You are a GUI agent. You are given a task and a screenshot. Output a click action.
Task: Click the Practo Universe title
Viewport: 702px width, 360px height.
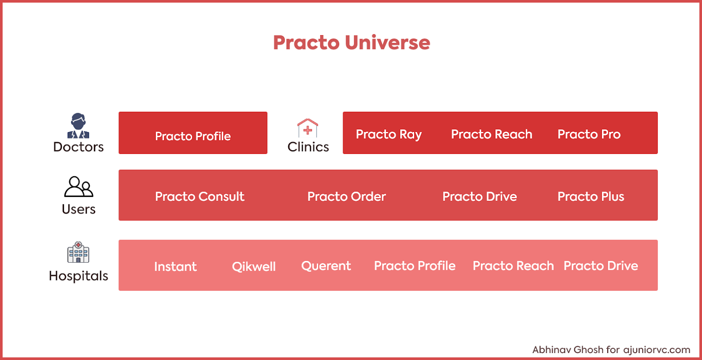(x=351, y=42)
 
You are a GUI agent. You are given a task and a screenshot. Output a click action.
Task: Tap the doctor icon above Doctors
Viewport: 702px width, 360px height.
(x=79, y=126)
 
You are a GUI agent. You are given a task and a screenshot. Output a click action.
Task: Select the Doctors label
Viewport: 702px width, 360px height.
(x=79, y=147)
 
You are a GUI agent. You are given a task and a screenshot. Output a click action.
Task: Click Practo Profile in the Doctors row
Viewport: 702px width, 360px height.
(x=193, y=136)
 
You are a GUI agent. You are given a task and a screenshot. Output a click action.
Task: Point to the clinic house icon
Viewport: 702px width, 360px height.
(x=308, y=128)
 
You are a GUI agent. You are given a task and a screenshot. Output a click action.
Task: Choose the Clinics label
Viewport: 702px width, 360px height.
(x=308, y=147)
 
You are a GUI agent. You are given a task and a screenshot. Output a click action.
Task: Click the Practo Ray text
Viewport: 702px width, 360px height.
(x=389, y=135)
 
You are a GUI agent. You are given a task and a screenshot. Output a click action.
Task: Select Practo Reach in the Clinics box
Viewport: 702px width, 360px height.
(x=491, y=135)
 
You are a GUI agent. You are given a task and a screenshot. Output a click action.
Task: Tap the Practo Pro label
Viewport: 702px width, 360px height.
(x=589, y=135)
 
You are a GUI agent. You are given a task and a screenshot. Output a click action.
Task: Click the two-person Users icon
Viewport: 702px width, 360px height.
(x=79, y=186)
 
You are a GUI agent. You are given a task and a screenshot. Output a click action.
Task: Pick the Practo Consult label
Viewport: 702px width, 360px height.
(x=200, y=196)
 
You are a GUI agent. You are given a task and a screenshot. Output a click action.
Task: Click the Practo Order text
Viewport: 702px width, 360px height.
(x=346, y=196)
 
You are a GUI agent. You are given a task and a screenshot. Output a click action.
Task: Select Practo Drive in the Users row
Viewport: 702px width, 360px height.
(x=480, y=196)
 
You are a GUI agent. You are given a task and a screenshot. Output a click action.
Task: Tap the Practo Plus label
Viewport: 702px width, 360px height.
(x=591, y=196)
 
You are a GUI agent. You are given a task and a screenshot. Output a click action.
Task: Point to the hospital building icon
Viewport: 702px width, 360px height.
(x=79, y=252)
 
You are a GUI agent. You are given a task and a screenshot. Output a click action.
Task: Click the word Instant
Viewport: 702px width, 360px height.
(x=175, y=267)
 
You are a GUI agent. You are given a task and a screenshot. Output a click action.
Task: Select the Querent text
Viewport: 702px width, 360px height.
(x=326, y=266)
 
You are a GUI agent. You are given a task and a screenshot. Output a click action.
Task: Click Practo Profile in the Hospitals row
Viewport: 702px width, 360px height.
(x=415, y=266)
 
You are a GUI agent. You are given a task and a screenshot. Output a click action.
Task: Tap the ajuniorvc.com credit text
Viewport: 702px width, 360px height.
(x=656, y=349)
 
